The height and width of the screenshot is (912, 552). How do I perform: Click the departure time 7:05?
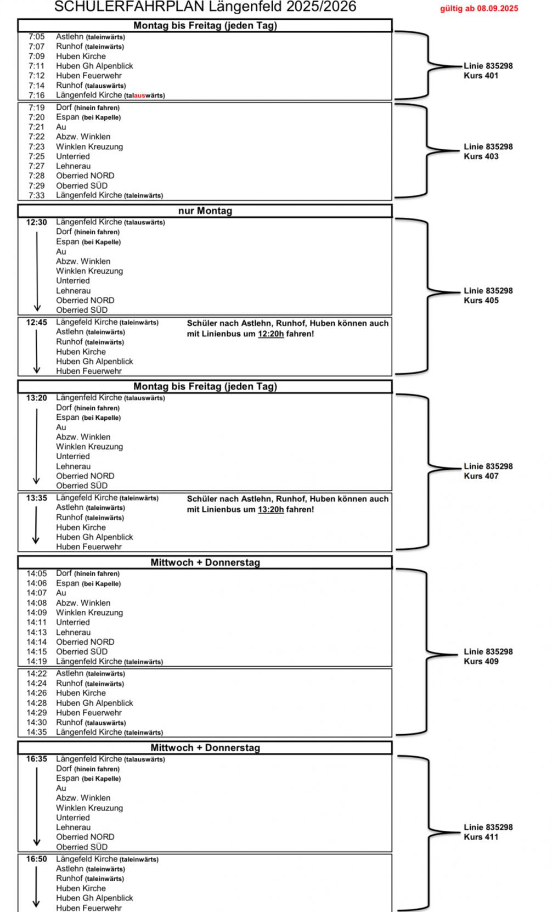coord(36,37)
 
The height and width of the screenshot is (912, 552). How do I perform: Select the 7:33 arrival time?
coord(36,195)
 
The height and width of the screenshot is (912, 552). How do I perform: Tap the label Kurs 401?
coord(481,76)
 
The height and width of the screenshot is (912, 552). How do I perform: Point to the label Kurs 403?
coord(481,156)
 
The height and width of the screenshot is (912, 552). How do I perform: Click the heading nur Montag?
coord(205,211)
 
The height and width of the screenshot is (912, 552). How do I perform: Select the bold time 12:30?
coord(36,222)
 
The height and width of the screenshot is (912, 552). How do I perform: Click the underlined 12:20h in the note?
coord(271,334)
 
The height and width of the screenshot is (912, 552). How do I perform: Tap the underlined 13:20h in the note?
coord(271,509)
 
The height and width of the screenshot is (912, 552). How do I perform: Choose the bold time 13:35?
coord(36,498)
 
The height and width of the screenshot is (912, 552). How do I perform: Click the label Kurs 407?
coord(481,476)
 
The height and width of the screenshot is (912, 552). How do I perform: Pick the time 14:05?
coord(36,573)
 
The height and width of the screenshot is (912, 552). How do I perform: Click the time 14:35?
coord(36,732)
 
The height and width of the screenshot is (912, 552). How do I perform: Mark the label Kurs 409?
coord(481,662)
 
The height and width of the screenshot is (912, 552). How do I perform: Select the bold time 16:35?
coord(36,759)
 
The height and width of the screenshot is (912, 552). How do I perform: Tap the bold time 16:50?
coord(36,859)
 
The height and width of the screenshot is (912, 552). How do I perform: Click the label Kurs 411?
coord(481,837)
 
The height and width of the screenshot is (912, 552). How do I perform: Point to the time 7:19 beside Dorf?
coord(36,108)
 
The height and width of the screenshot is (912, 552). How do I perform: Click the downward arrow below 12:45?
coord(36,351)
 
